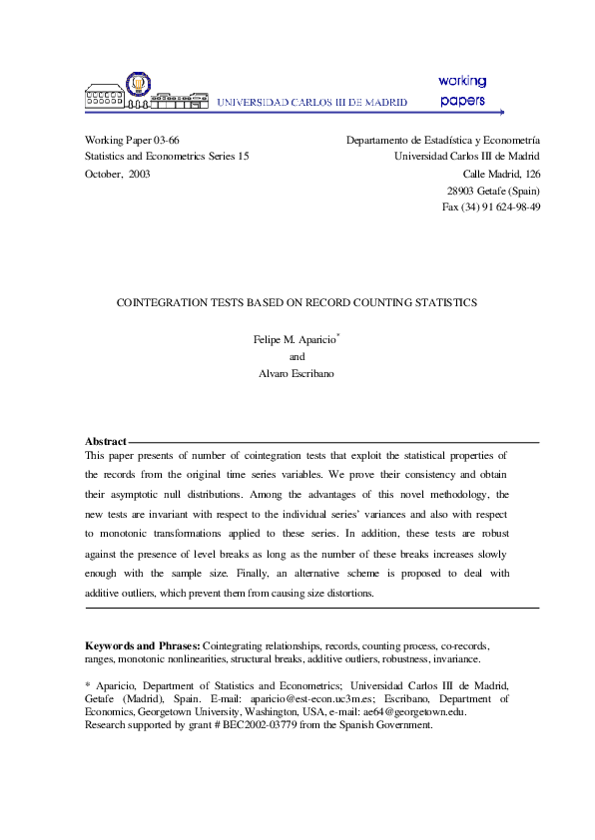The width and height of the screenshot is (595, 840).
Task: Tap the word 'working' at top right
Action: pos(462,81)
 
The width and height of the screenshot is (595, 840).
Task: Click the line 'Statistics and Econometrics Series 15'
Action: pos(167,157)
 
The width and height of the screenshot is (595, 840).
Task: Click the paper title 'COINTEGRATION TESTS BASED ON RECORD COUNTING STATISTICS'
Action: pos(297,301)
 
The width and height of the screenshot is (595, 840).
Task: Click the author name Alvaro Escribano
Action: pos(297,373)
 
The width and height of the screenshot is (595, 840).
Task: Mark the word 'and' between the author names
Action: pos(297,356)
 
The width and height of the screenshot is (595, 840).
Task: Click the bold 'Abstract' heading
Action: pos(106,441)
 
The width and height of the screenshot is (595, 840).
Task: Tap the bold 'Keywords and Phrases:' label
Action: pos(143,645)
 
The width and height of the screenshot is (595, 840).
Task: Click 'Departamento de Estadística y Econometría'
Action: pos(442,141)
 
